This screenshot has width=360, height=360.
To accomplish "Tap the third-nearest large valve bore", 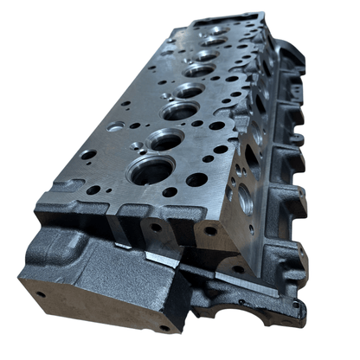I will [179, 110].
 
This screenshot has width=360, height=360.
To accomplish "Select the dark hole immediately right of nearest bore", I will [196, 180].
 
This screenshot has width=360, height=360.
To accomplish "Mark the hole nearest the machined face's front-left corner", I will [92, 190].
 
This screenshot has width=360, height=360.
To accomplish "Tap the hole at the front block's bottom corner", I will [164, 328].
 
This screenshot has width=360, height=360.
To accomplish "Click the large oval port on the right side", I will [246, 199].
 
